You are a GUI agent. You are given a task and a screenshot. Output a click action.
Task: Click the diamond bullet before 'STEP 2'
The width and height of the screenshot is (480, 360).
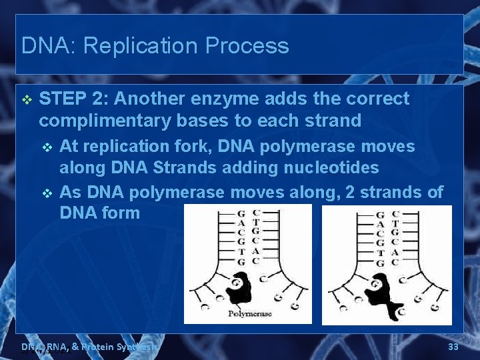click(x=27, y=99)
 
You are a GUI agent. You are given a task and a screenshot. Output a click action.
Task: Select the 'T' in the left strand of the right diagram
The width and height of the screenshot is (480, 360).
click(x=380, y=253)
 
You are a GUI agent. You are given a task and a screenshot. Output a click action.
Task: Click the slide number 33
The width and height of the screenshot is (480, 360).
click(x=453, y=347)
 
